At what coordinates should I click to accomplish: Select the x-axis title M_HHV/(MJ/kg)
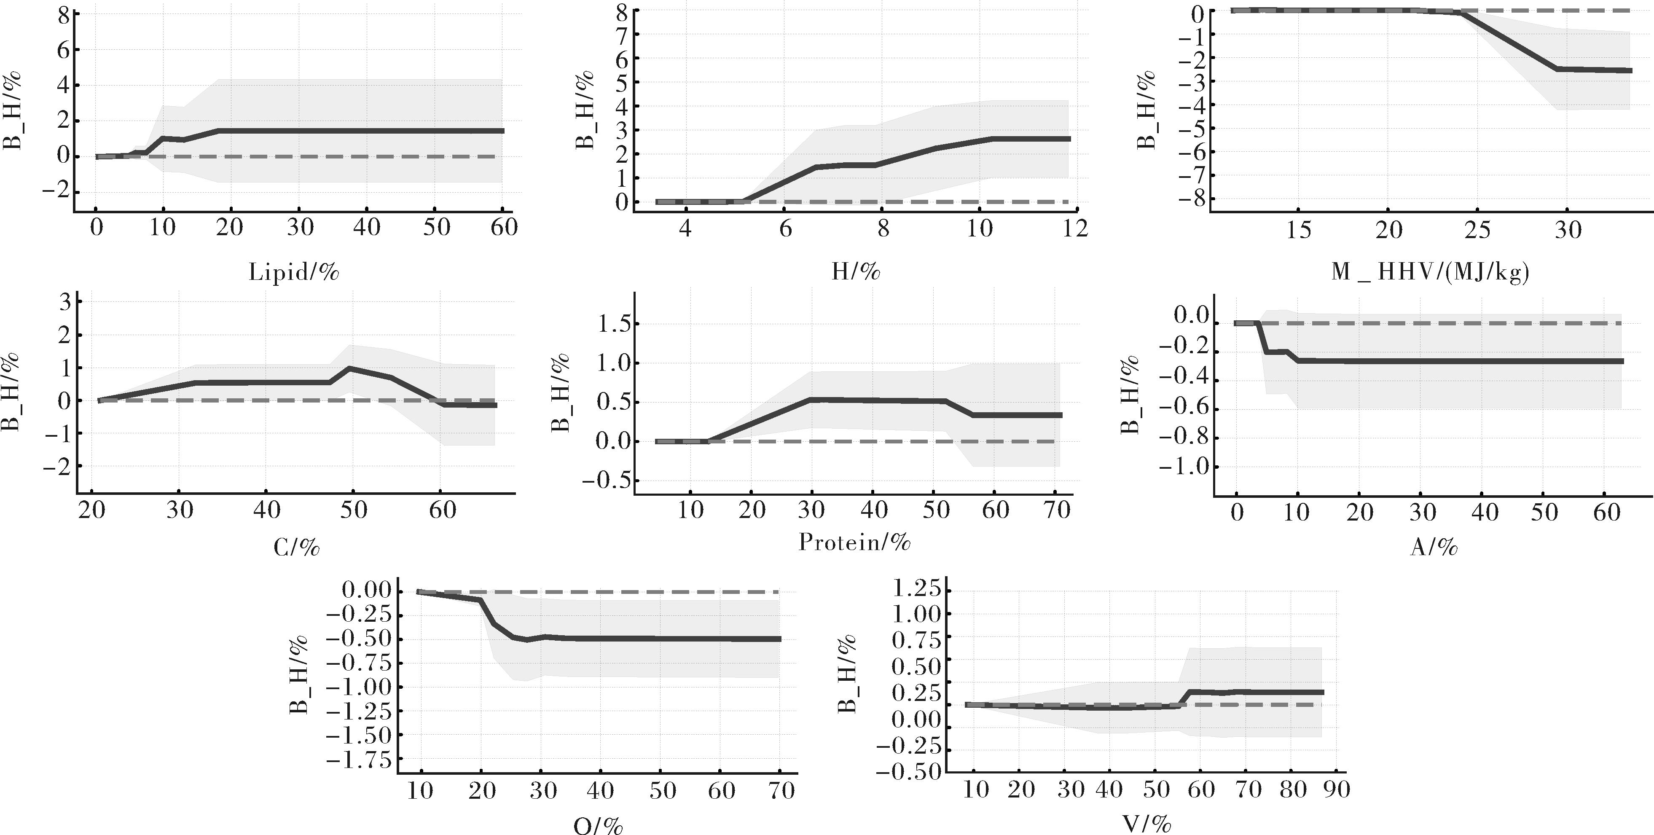(x=1429, y=272)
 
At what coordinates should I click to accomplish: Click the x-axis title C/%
(x=296, y=547)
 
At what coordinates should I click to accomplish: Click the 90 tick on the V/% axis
(x=1336, y=789)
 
